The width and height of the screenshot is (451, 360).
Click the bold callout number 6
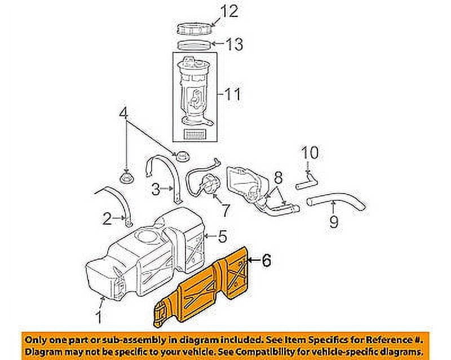(x=266, y=260)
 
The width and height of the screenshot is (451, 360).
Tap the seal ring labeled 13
(x=196, y=44)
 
